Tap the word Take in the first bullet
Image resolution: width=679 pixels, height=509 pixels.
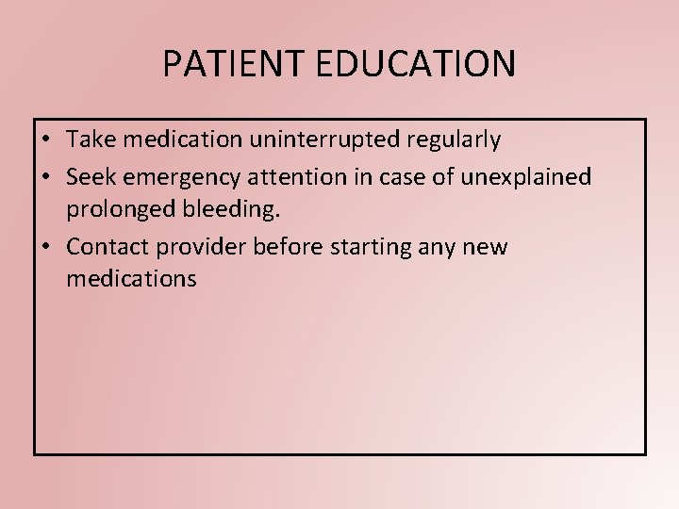pyautogui.click(x=90, y=140)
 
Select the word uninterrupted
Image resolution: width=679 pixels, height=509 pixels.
pyautogui.click(x=326, y=140)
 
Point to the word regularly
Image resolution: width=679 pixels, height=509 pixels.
pyautogui.click(x=455, y=140)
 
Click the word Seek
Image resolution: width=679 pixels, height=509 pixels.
pyautogui.click(x=89, y=176)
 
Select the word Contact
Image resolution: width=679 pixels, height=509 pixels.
pyautogui.click(x=104, y=247)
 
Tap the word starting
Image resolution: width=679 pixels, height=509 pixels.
pyautogui.click(x=365, y=248)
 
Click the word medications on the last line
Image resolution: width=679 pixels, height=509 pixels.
pyautogui.click(x=132, y=278)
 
